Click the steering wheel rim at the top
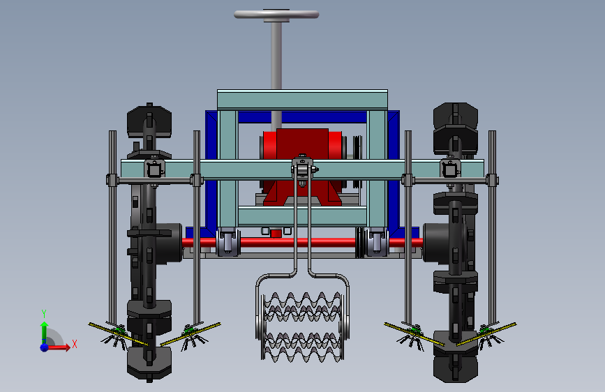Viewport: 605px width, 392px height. click(x=276, y=14)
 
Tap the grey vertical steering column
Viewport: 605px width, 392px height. click(x=276, y=54)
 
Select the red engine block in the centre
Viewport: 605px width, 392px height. click(x=302, y=166)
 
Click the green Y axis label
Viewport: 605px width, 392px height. click(x=44, y=313)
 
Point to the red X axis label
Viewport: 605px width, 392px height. click(x=75, y=344)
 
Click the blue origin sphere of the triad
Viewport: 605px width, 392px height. click(x=45, y=347)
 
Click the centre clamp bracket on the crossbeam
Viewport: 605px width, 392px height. click(x=303, y=169)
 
